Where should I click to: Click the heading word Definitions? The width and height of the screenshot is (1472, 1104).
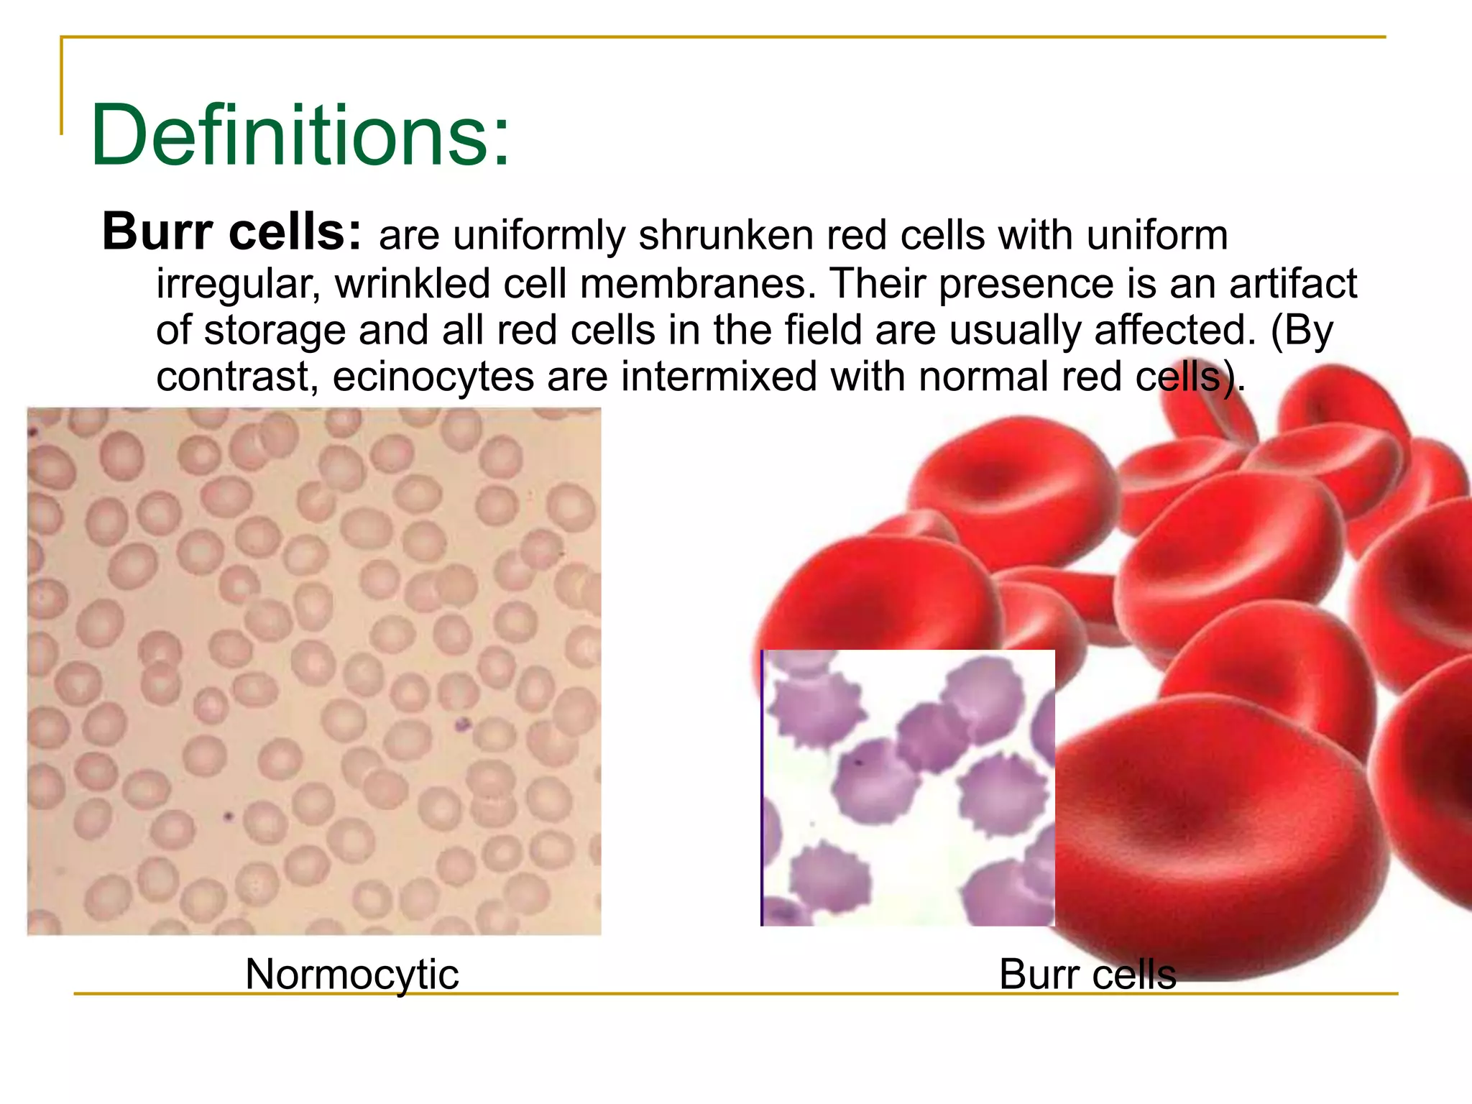tap(300, 135)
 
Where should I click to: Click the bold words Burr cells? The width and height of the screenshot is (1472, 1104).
tap(231, 232)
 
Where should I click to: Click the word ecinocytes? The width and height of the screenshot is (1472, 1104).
tap(433, 377)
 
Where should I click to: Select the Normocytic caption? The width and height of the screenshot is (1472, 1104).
tap(351, 975)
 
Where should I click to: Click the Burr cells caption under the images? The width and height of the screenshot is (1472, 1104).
tap(1087, 975)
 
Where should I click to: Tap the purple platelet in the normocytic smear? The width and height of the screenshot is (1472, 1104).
tap(462, 724)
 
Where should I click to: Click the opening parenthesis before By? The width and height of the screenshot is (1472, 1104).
tap(1276, 331)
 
